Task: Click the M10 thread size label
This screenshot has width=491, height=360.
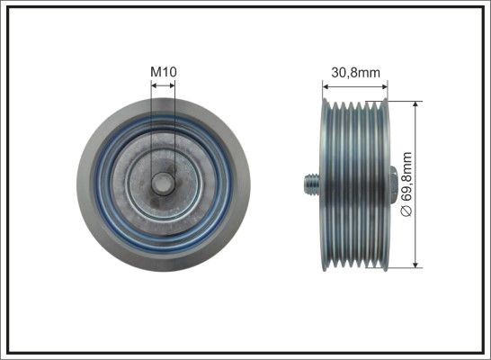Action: tap(163, 70)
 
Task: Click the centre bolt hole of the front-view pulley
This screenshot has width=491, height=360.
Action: tap(163, 184)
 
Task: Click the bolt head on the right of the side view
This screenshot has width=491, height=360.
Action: tap(393, 183)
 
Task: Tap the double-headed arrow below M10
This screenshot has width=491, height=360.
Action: tap(163, 85)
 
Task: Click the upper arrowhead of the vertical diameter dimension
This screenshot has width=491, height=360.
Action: tap(415, 105)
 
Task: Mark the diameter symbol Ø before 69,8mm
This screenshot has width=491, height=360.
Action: tap(406, 211)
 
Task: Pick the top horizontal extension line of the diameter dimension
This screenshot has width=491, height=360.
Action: tap(403, 100)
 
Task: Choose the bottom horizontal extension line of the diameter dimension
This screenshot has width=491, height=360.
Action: tap(403, 267)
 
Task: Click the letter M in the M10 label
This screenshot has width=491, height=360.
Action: tap(154, 70)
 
